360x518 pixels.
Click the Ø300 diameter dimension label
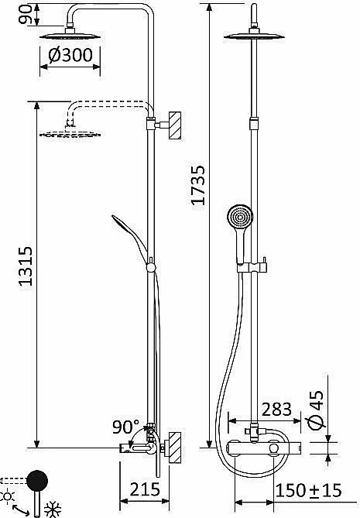70,55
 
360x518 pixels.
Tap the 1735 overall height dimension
198,185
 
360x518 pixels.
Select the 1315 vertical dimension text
26,266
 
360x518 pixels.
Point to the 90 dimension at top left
26,14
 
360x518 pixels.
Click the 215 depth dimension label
145,489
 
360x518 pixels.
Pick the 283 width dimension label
276,410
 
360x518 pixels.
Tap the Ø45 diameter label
316,410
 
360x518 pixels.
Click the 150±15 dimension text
308,491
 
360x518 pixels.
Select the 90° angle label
126,427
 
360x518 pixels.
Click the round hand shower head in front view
240,217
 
